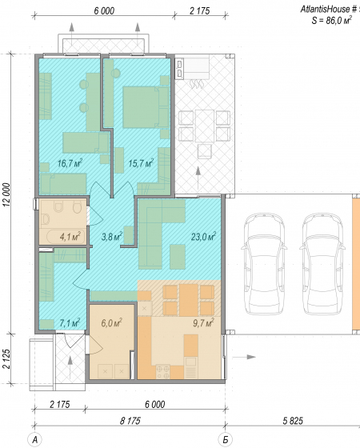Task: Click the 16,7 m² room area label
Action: (70, 163)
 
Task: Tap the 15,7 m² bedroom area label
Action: (141, 163)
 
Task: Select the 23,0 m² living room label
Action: (203, 236)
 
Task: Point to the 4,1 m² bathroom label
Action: (70, 236)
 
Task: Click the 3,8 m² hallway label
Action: (112, 236)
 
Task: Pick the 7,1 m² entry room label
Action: (70, 323)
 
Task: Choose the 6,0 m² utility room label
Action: (111, 323)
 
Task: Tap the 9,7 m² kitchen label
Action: (203, 323)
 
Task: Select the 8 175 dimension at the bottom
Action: (130, 421)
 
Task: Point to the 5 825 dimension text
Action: (293, 421)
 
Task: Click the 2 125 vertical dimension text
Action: (6, 358)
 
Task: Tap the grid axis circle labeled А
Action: (35, 440)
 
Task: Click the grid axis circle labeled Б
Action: (226, 440)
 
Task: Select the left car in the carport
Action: (263, 263)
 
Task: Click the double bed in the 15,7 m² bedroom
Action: (146, 107)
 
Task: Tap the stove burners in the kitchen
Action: (163, 372)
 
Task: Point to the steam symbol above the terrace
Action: (197, 84)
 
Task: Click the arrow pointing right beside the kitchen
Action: (244, 357)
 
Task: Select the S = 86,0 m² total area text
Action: (331, 20)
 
